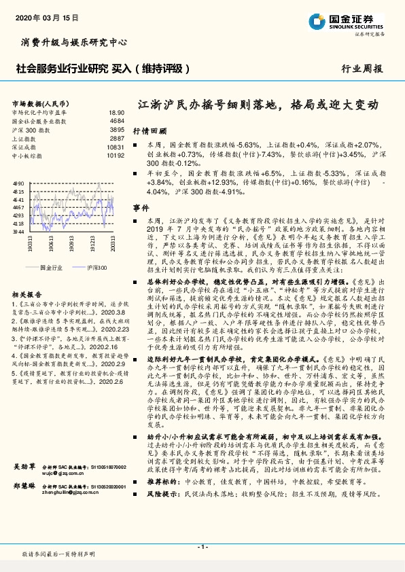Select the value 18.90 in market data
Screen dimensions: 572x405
tap(116, 112)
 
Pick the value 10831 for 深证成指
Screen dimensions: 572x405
tap(116, 147)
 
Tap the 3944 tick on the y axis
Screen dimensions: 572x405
tap(18, 232)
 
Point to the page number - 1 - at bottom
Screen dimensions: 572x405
tap(202, 546)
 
